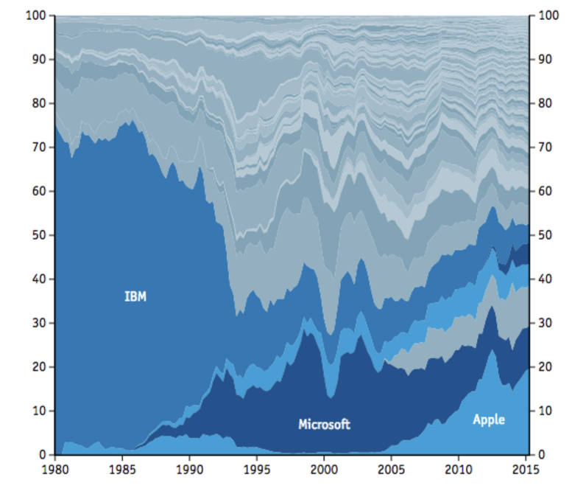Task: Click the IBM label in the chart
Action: pos(135,296)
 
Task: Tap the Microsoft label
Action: pos(324,424)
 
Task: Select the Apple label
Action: pos(489,419)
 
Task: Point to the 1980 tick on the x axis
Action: pos(55,468)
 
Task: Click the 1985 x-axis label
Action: pos(122,468)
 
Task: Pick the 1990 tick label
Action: pos(189,468)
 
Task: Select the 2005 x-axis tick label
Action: pos(391,468)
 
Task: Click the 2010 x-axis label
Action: pos(458,468)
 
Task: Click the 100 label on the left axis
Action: pos(36,15)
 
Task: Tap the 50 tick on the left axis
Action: pos(39,235)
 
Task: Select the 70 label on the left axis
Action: pos(39,147)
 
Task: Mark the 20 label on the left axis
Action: pos(39,366)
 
